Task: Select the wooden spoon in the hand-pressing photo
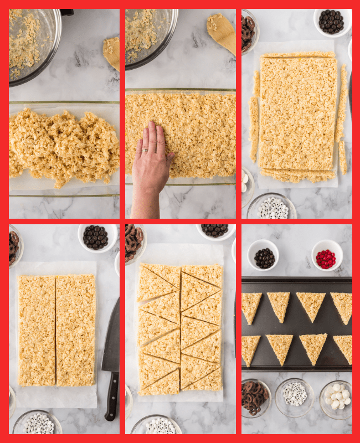[x=222, y=32]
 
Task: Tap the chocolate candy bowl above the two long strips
[x=95, y=237]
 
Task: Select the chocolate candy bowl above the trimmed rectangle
[x=331, y=21]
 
